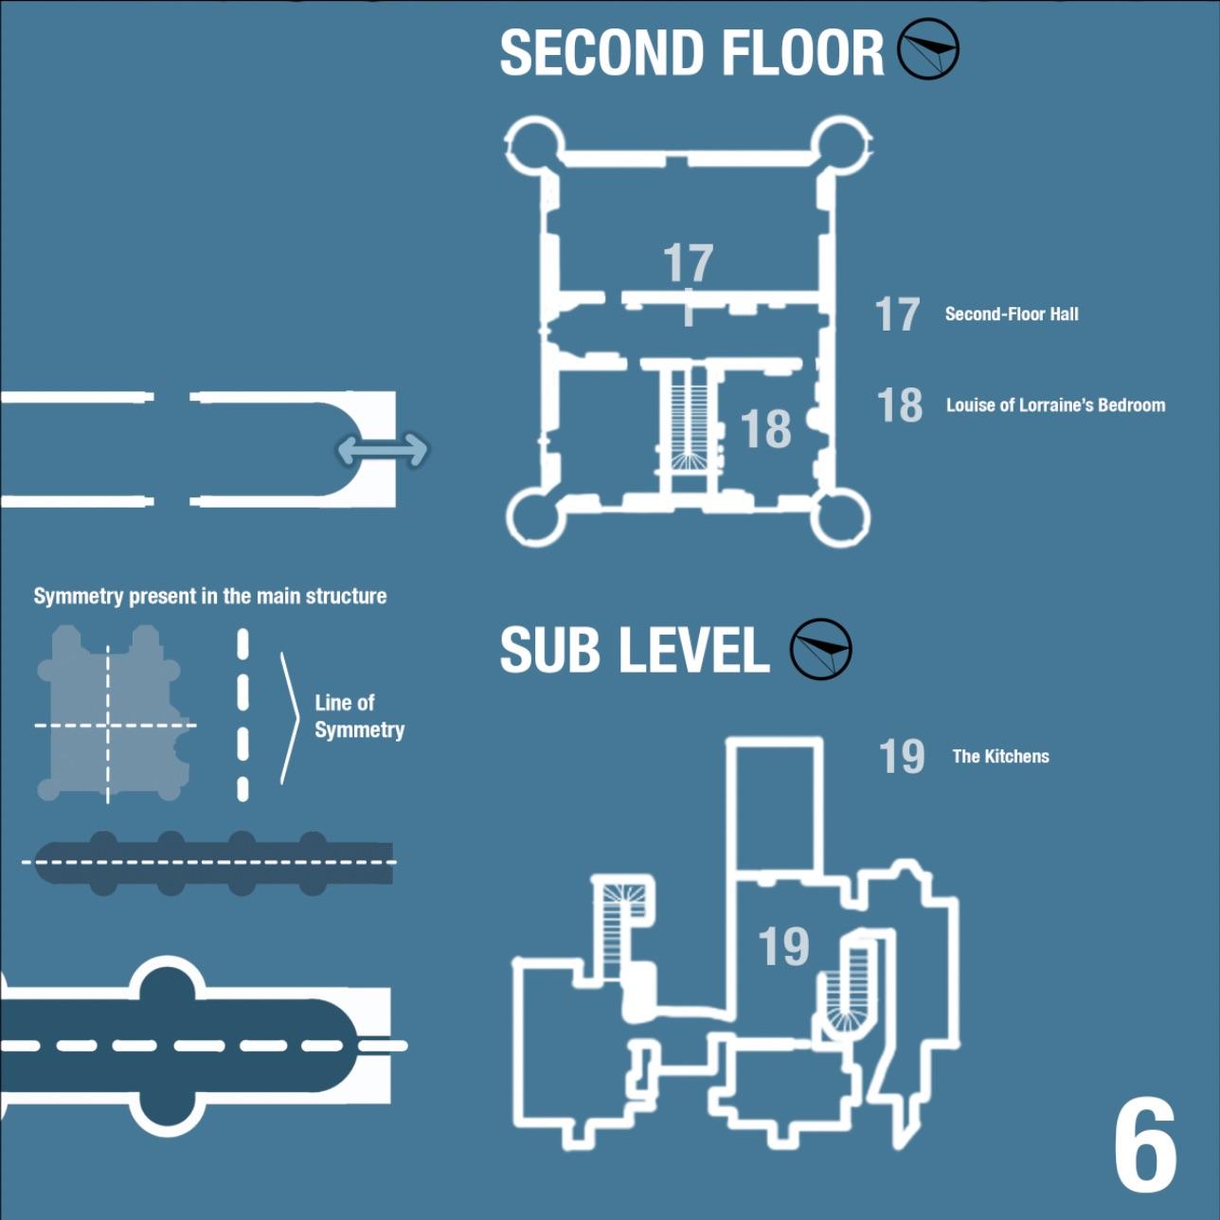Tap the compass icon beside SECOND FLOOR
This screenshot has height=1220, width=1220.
pos(928,49)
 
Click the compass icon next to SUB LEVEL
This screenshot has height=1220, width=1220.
pos(821,649)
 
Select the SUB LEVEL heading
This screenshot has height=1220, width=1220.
pos(635,650)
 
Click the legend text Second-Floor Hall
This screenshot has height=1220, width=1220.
pos(1012,314)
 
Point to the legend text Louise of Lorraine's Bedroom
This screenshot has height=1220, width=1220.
pos(1055,405)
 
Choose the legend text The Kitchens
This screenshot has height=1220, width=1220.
pos(1000,756)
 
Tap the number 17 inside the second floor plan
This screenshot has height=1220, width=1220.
pos(688,262)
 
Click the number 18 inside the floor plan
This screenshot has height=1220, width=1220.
pos(765,429)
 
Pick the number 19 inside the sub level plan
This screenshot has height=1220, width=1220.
pos(783,945)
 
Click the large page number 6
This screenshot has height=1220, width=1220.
pos(1145,1146)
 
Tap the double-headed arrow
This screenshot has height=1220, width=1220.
pos(383,451)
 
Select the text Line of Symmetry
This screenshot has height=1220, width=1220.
pos(359,716)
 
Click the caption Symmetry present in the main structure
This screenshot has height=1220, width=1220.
pos(210,596)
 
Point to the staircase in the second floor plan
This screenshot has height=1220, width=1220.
pos(688,422)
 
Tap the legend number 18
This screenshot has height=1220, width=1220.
pos(899,405)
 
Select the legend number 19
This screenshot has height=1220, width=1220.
pos(901,756)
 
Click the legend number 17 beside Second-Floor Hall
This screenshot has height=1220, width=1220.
pos(897,314)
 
